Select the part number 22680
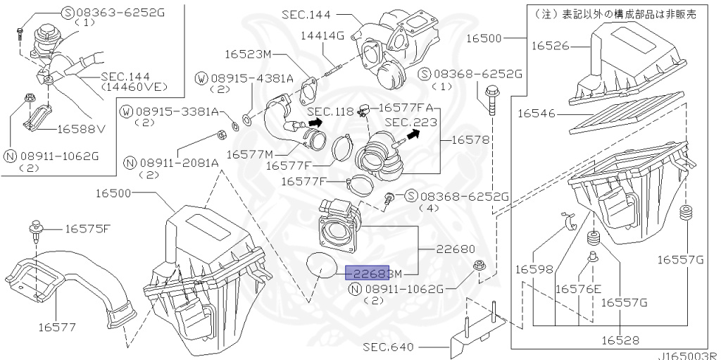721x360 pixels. pos(454,249)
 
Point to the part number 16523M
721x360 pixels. pos(248,54)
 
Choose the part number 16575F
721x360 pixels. pos(87,228)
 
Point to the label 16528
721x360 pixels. pos(619,340)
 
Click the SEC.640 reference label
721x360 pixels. pos(389,347)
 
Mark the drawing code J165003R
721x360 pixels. pos(689,356)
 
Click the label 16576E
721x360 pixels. pos(578,289)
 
